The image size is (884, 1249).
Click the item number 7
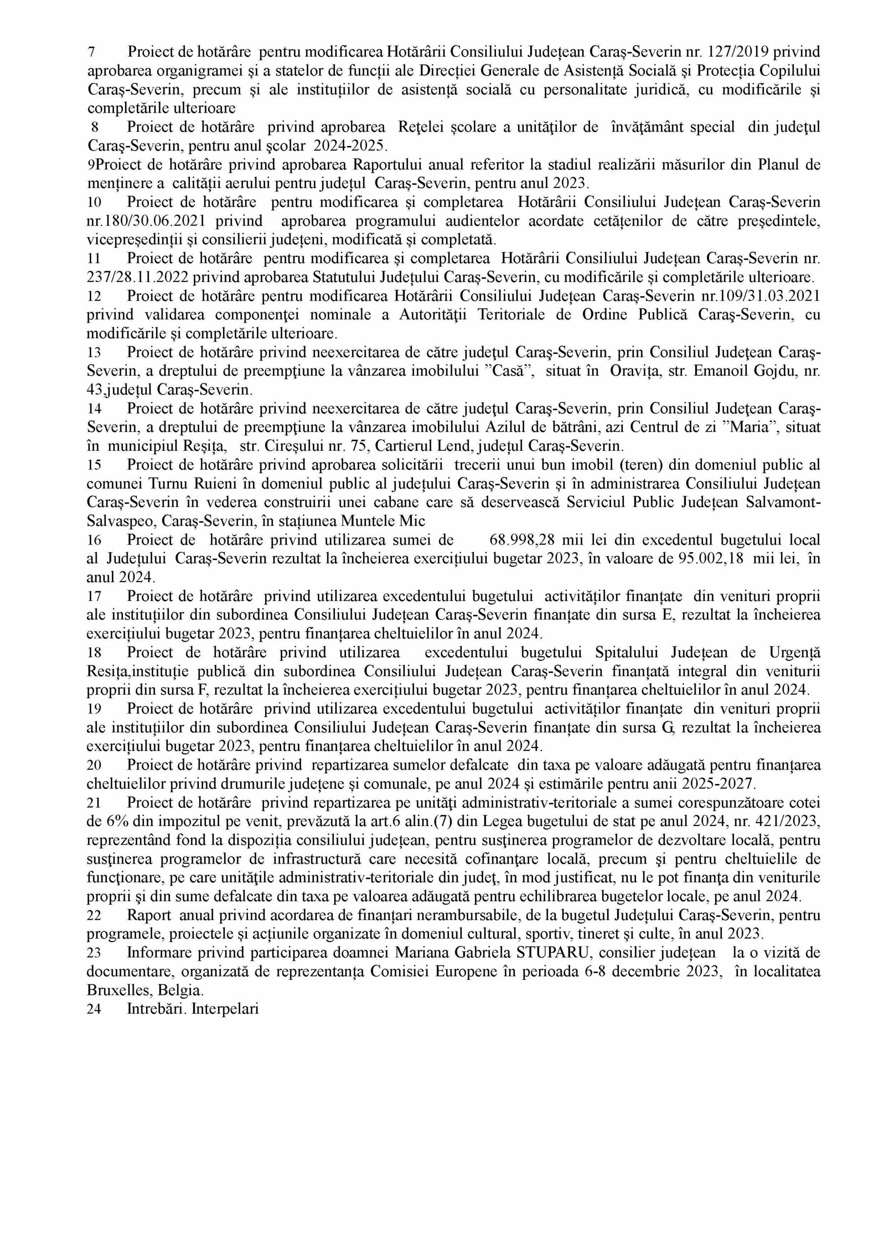click(x=91, y=52)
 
